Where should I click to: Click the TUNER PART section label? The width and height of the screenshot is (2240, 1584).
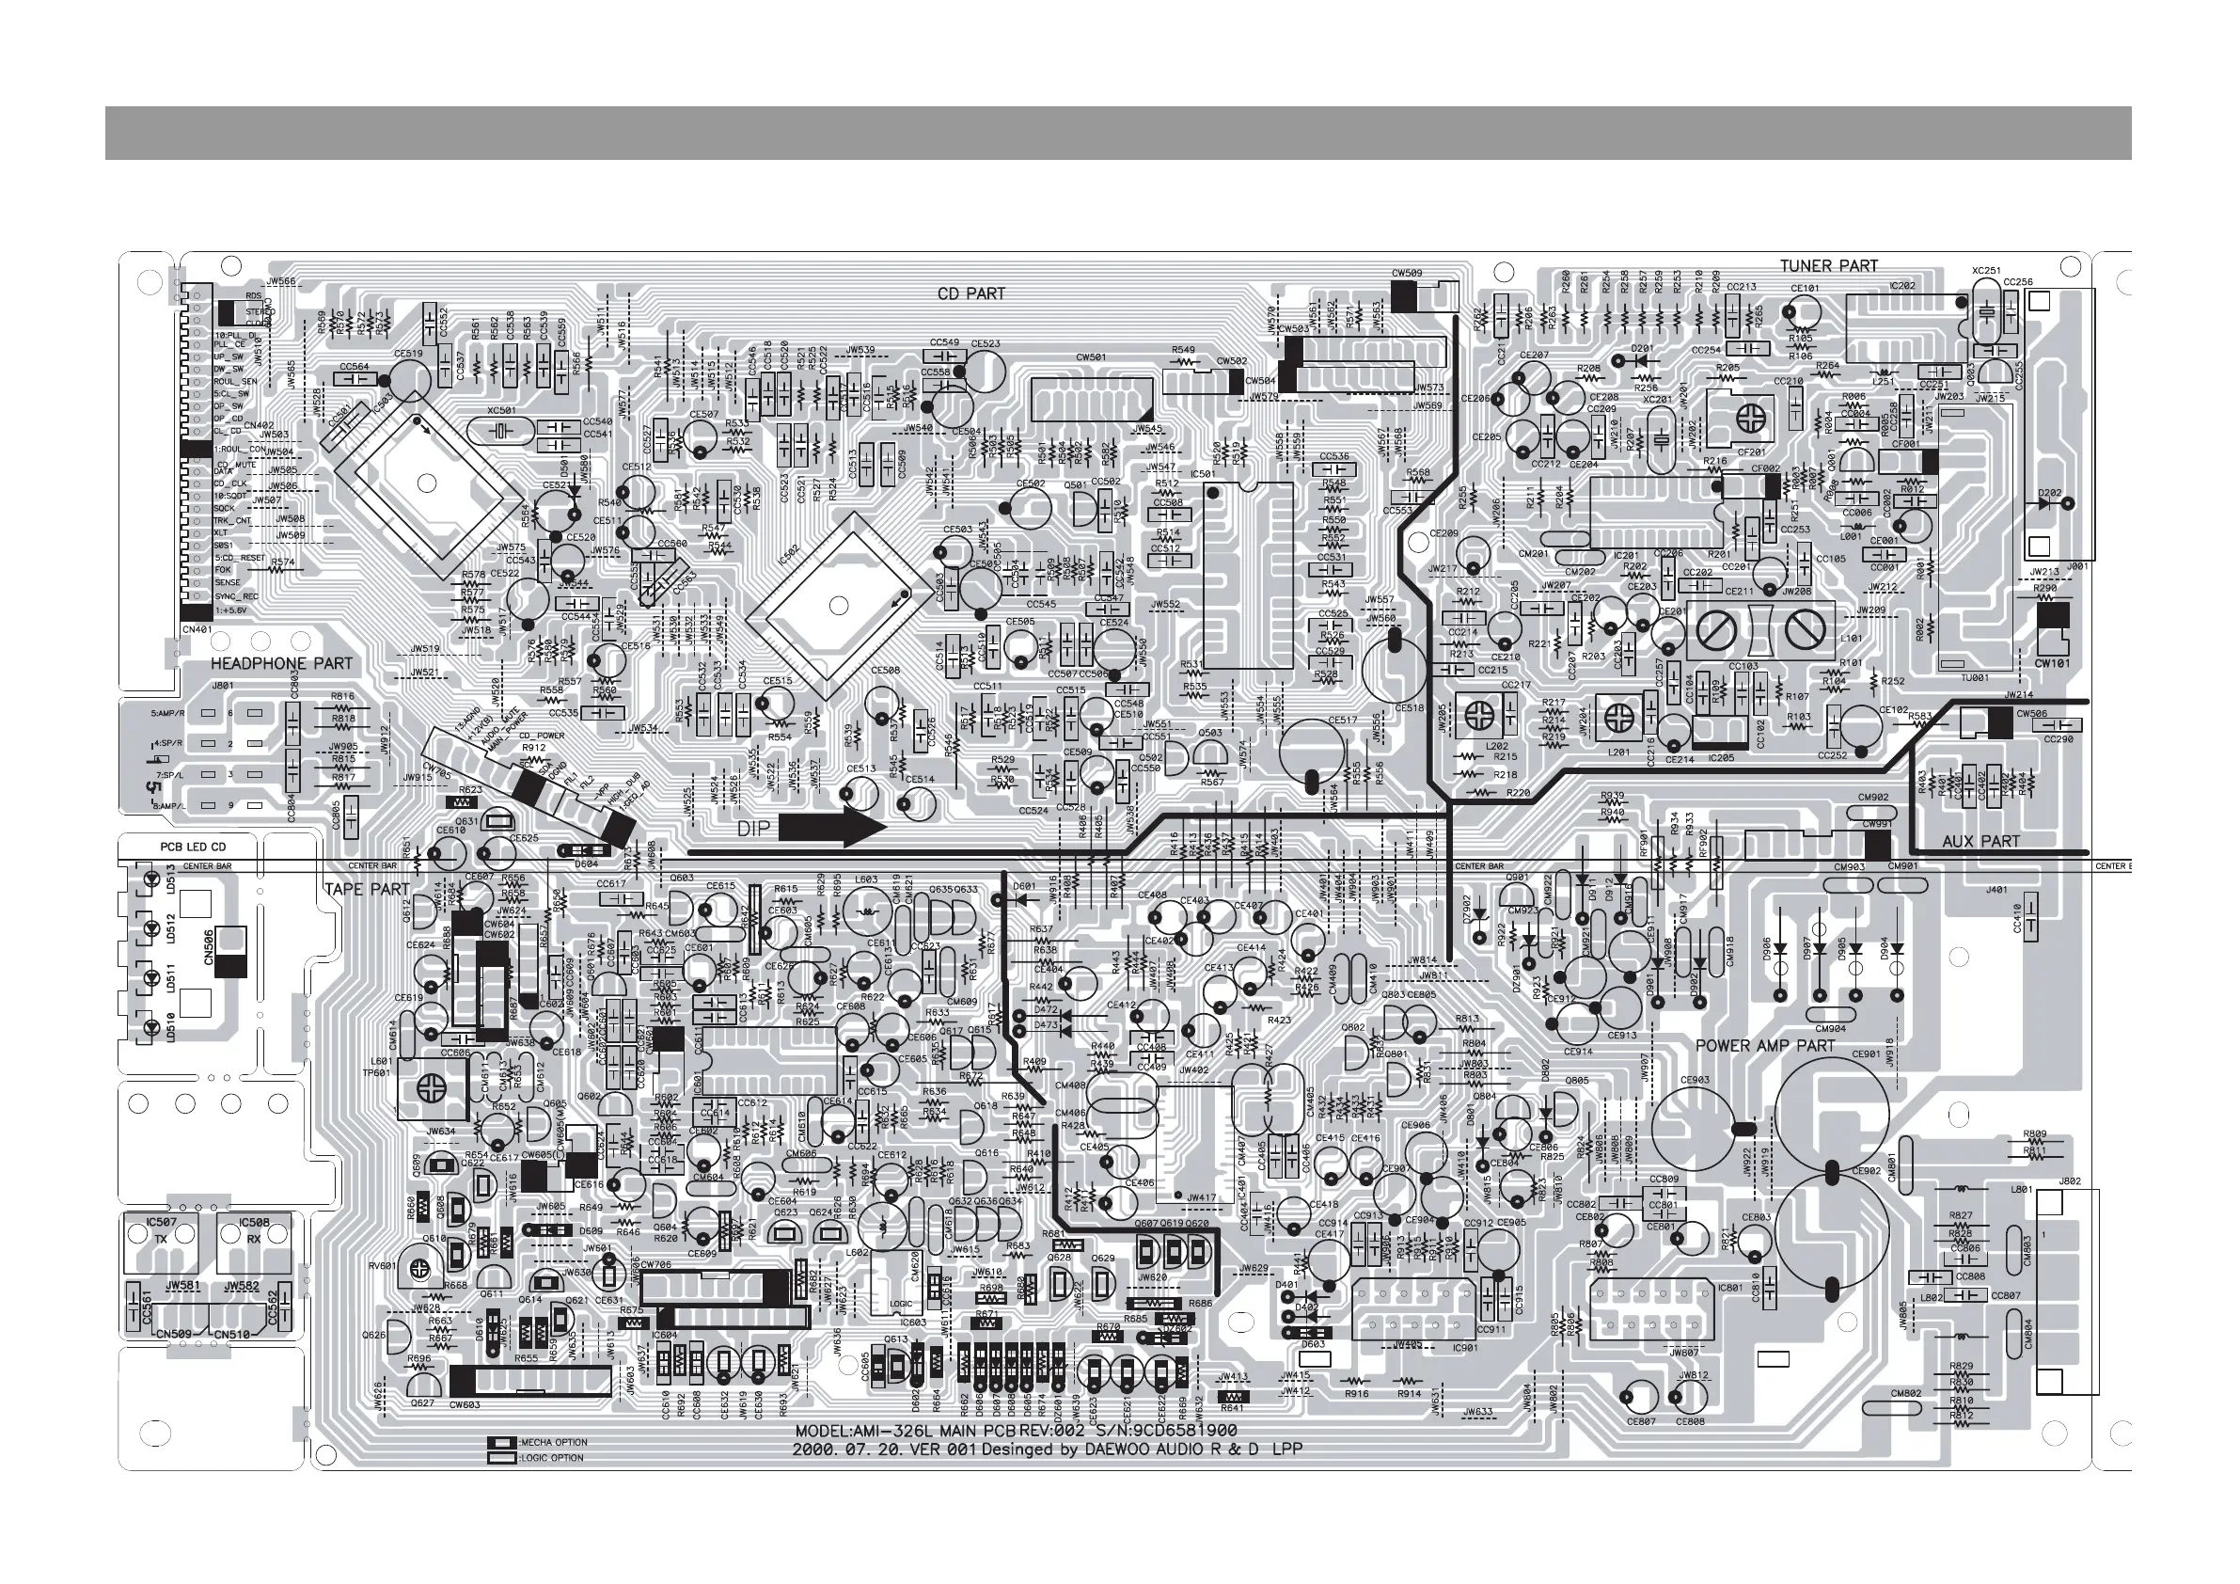coord(1828,265)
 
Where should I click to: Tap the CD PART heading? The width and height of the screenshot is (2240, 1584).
coord(970,293)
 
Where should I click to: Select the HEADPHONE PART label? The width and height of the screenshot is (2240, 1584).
coord(282,664)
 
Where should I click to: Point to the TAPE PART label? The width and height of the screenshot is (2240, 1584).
coord(367,889)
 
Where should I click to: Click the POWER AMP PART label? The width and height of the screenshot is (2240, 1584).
coord(1765,1045)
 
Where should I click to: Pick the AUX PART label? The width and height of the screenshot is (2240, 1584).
coord(1980,841)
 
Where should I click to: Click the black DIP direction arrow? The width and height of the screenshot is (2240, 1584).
coord(832,828)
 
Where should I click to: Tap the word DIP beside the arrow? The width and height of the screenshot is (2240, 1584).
coord(753,829)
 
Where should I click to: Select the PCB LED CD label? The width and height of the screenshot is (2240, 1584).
coord(192,847)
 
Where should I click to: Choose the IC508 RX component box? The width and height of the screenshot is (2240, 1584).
coord(254,1231)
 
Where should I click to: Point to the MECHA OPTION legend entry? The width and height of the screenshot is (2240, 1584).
coord(551,1443)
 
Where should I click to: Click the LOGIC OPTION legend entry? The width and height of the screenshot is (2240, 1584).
coord(551,1458)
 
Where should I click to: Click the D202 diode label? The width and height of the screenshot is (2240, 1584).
coord(2050,493)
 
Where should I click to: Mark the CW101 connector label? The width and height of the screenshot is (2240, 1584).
coord(2053,664)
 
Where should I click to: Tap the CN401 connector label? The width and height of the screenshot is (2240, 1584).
coord(198,629)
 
